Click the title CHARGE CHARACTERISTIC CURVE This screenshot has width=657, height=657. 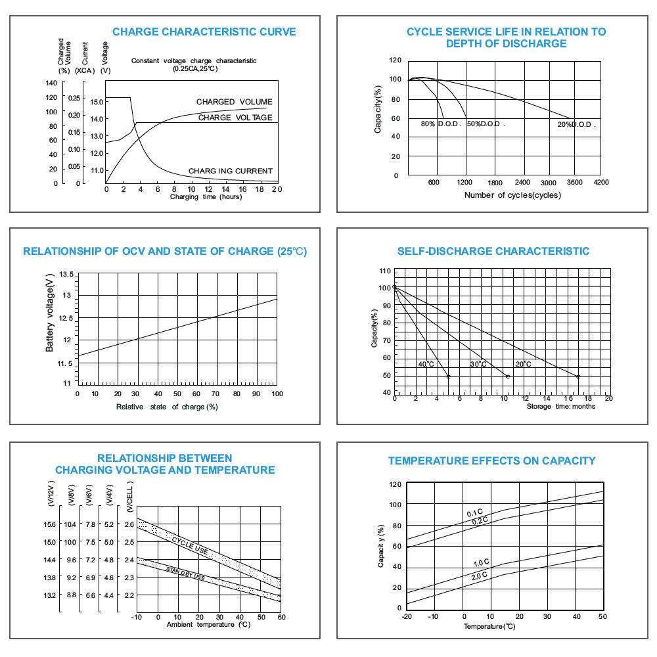[204, 32]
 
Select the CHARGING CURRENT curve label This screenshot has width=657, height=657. [230, 171]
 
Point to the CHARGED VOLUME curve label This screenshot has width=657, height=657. [234, 102]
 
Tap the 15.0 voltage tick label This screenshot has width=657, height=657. [97, 102]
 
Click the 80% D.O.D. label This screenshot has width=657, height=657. [442, 124]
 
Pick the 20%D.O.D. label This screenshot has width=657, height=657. [576, 124]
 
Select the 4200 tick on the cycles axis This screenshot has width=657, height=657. [600, 182]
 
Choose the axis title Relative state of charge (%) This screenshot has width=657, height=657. [167, 407]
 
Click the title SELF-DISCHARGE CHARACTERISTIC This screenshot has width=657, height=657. [493, 251]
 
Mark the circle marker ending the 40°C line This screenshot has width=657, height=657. [449, 376]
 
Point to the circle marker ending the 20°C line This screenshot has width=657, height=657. [578, 376]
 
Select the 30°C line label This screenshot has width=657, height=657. [478, 364]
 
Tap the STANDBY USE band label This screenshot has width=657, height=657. [185, 574]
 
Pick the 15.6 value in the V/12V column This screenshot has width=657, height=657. [50, 524]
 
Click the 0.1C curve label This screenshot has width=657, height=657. [474, 513]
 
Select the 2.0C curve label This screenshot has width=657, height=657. [479, 575]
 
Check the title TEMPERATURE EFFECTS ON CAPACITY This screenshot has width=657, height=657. [492, 461]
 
